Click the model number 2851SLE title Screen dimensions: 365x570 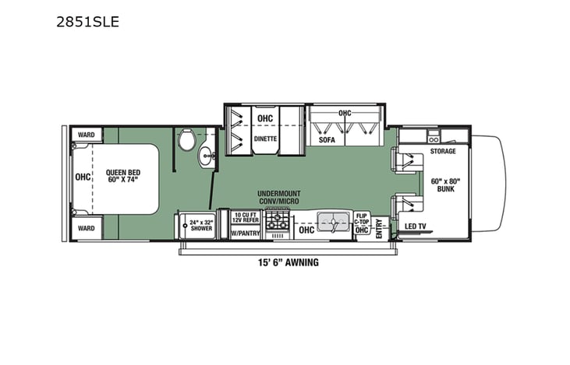point(87,22)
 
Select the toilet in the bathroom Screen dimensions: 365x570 point(186,141)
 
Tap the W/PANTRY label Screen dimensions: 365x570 point(246,231)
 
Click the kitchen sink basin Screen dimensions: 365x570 point(333,224)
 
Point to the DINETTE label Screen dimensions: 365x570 point(266,140)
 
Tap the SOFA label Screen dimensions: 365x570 point(326,140)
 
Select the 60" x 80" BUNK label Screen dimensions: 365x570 point(445,184)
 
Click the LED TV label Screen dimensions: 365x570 point(415,226)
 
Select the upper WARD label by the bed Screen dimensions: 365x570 point(86,135)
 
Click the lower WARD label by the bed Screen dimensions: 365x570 point(86,229)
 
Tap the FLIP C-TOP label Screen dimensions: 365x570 point(361,219)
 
